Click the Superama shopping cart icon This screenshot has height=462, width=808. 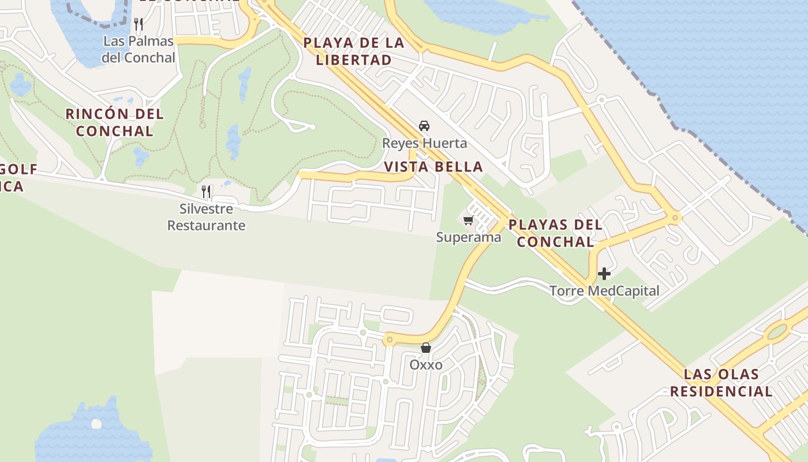click(468, 220)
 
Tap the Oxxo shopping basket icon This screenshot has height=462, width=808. click(426, 348)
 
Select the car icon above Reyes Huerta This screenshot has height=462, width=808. click(424, 126)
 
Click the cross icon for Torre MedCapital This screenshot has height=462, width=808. click(604, 273)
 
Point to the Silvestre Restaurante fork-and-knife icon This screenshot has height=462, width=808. click(206, 191)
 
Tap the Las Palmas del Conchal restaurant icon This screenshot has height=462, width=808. click(139, 24)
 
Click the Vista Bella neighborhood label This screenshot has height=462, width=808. click(433, 167)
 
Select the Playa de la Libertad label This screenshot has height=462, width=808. click(354, 51)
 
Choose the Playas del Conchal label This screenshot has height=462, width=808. click(555, 233)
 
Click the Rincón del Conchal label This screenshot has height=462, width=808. click(115, 122)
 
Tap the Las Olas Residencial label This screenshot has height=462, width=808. click(721, 382)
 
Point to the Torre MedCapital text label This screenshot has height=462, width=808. click(604, 291)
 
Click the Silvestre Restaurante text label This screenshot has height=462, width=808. click(207, 217)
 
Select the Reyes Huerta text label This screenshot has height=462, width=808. click(424, 143)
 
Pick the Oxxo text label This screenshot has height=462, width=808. click(426, 365)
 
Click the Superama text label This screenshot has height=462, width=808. click(469, 237)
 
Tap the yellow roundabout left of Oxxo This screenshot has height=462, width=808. click(390, 340)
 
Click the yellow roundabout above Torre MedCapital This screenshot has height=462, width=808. click(674, 218)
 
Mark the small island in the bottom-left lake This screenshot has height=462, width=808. click(96, 424)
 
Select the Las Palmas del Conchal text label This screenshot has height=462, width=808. click(139, 49)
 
